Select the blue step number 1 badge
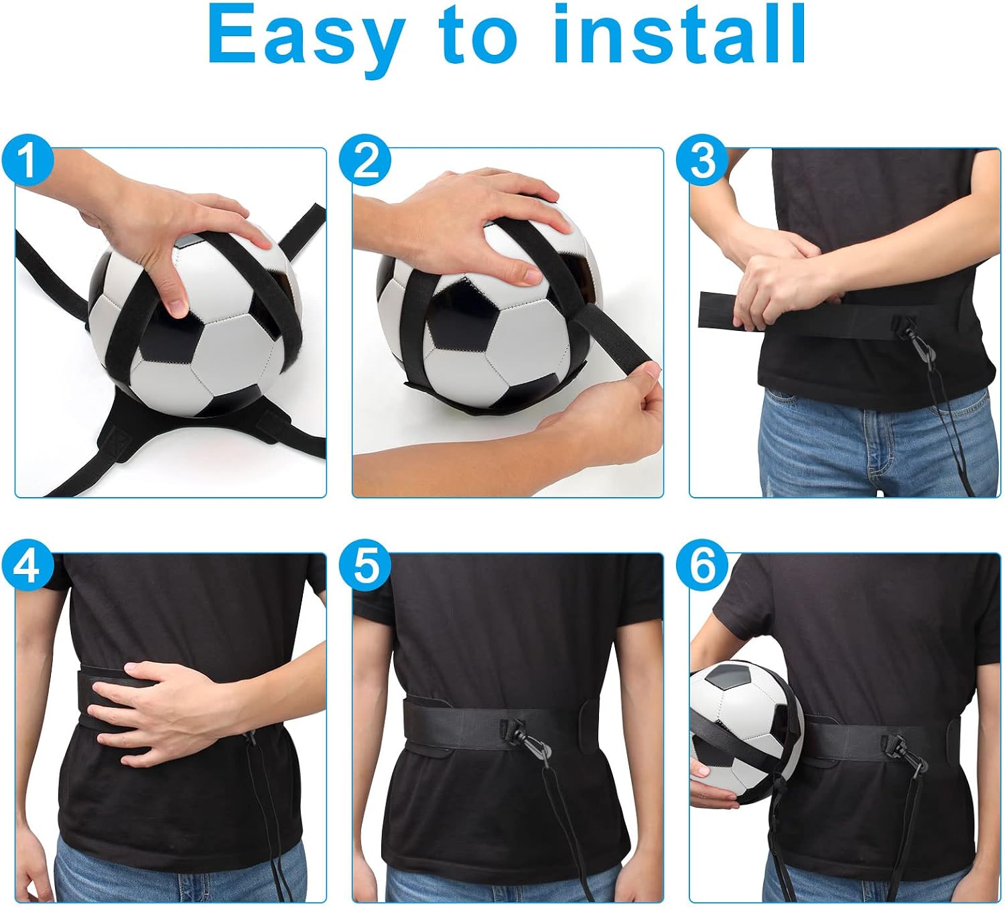click(27, 161)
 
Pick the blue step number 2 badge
click(364, 161)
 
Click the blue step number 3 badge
click(702, 161)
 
